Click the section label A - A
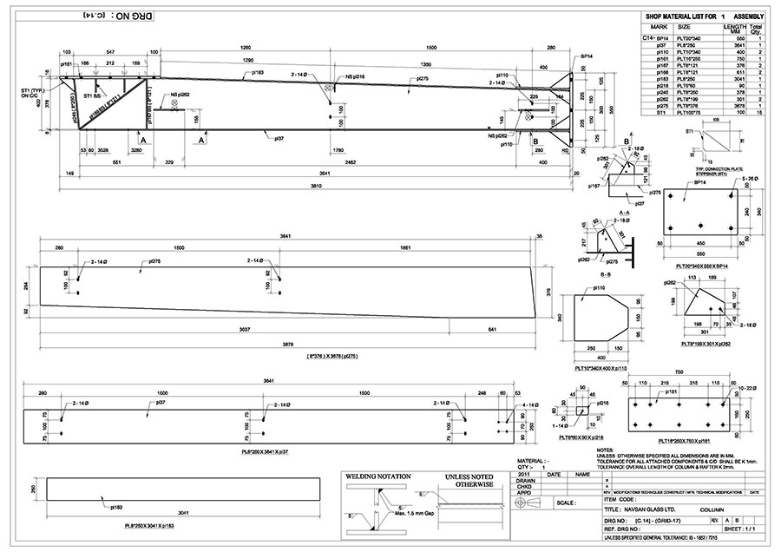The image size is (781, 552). tap(620, 211)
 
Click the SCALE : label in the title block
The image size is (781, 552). tap(565, 503)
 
